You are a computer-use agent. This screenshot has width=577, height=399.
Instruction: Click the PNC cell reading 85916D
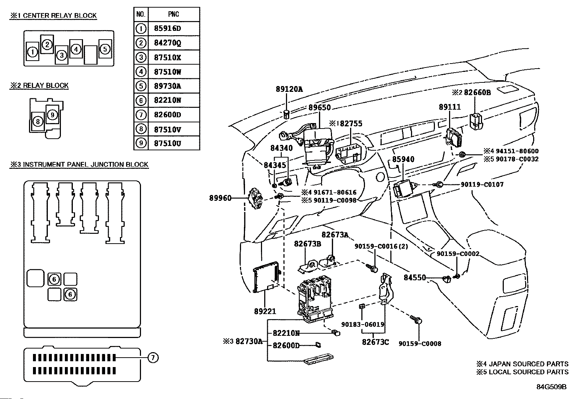[174, 28]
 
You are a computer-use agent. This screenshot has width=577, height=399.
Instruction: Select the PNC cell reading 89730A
[174, 86]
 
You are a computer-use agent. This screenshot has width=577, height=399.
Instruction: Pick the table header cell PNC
[174, 14]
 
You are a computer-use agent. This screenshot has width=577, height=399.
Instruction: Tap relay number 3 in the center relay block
[62, 55]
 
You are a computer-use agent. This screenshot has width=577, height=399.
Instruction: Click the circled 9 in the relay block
[52, 115]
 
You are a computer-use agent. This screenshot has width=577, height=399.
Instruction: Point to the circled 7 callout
[153, 358]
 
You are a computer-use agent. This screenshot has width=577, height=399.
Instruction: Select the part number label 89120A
[289, 89]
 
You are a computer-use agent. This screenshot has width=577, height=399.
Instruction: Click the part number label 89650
[320, 108]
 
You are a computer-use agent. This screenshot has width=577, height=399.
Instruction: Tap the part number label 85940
[403, 159]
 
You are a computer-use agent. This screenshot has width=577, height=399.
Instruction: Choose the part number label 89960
[220, 198]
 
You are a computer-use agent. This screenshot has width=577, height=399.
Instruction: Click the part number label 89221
[265, 311]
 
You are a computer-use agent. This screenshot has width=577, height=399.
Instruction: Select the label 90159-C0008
[420, 343]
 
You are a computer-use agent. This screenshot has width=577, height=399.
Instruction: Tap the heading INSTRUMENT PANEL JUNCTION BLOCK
[79, 164]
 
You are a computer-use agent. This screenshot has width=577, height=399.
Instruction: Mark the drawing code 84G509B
[551, 387]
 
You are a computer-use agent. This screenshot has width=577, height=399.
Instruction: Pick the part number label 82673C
[375, 342]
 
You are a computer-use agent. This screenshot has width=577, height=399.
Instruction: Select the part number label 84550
[415, 278]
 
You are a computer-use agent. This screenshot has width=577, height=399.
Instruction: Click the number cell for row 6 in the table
[141, 100]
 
